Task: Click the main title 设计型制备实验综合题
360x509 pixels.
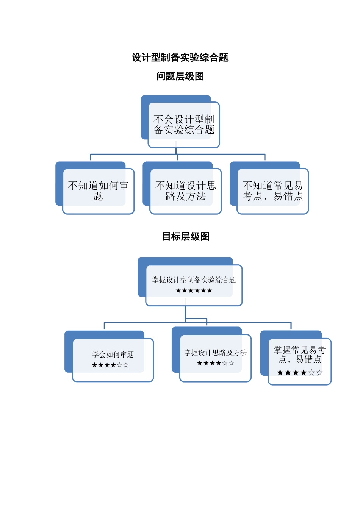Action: click(x=180, y=58)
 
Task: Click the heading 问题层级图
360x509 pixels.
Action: click(x=180, y=76)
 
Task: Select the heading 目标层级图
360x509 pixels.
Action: click(x=186, y=237)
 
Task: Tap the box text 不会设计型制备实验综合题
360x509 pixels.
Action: click(x=184, y=125)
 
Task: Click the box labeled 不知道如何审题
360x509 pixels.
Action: click(x=98, y=190)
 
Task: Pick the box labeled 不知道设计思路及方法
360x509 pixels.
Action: click(x=186, y=190)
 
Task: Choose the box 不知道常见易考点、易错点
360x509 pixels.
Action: click(x=273, y=190)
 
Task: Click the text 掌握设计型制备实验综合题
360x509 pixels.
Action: click(x=194, y=280)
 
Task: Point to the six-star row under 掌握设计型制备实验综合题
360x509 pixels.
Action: click(x=194, y=290)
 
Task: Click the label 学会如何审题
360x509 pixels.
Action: click(x=113, y=354)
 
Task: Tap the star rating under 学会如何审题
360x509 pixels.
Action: click(x=110, y=365)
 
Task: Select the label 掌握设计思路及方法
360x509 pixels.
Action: click(x=215, y=353)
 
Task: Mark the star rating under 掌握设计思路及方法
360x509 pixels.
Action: click(x=215, y=363)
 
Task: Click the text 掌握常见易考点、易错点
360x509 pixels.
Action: click(x=299, y=354)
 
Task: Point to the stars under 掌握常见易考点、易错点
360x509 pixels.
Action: click(x=299, y=373)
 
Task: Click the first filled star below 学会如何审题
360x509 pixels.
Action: click(x=95, y=365)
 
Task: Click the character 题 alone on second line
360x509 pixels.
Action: click(x=98, y=196)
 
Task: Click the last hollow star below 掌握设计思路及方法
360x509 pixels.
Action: click(x=231, y=363)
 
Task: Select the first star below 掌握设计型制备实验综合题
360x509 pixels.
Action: click(x=178, y=290)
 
